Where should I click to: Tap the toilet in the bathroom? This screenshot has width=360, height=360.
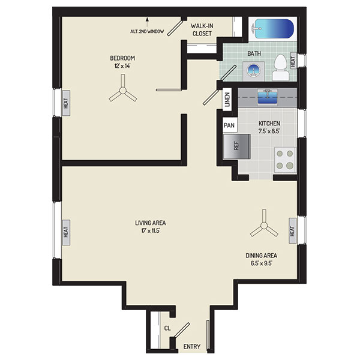[x=281, y=67]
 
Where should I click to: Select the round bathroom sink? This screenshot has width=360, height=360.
[x=253, y=71]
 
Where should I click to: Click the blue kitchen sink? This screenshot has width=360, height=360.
[x=267, y=98]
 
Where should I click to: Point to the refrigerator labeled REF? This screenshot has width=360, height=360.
[x=236, y=146]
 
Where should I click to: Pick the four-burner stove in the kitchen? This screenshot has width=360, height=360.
[x=285, y=160]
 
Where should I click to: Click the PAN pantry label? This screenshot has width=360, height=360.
[x=229, y=125]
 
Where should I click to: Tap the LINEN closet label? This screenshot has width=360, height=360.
[x=227, y=100]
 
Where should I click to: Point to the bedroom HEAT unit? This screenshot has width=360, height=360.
[x=66, y=103]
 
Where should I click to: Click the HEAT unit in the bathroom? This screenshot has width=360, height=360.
[x=293, y=60]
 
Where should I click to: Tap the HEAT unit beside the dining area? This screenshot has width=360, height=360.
[x=293, y=231]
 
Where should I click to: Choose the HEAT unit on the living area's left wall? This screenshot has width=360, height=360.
[x=66, y=232]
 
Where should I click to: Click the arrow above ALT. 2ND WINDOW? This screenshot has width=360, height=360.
[x=147, y=23]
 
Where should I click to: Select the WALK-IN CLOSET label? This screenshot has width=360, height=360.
[x=202, y=29]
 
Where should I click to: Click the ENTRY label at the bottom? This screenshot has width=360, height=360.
[x=192, y=346]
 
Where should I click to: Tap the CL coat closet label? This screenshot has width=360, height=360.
[x=167, y=328]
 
